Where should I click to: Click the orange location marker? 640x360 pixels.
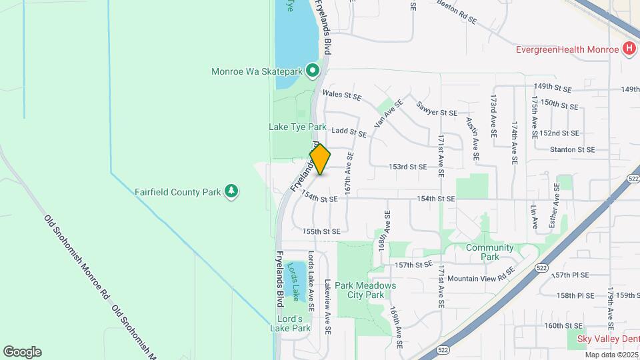321,159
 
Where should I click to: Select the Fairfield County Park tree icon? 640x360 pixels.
231,192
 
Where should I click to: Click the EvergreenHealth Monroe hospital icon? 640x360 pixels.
628,49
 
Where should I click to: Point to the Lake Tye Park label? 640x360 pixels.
297,127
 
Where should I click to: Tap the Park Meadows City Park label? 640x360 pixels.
365,290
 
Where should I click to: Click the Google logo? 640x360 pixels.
22,351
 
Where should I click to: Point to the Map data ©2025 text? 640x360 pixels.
608,353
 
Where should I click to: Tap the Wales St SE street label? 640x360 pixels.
341,95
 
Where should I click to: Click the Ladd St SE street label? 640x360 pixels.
349,133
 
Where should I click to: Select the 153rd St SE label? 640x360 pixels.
408,167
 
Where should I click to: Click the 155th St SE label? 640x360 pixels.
321,231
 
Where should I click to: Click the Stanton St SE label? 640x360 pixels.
572,150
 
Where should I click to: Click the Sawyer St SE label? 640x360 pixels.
437,109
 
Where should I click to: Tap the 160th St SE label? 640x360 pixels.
563,326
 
